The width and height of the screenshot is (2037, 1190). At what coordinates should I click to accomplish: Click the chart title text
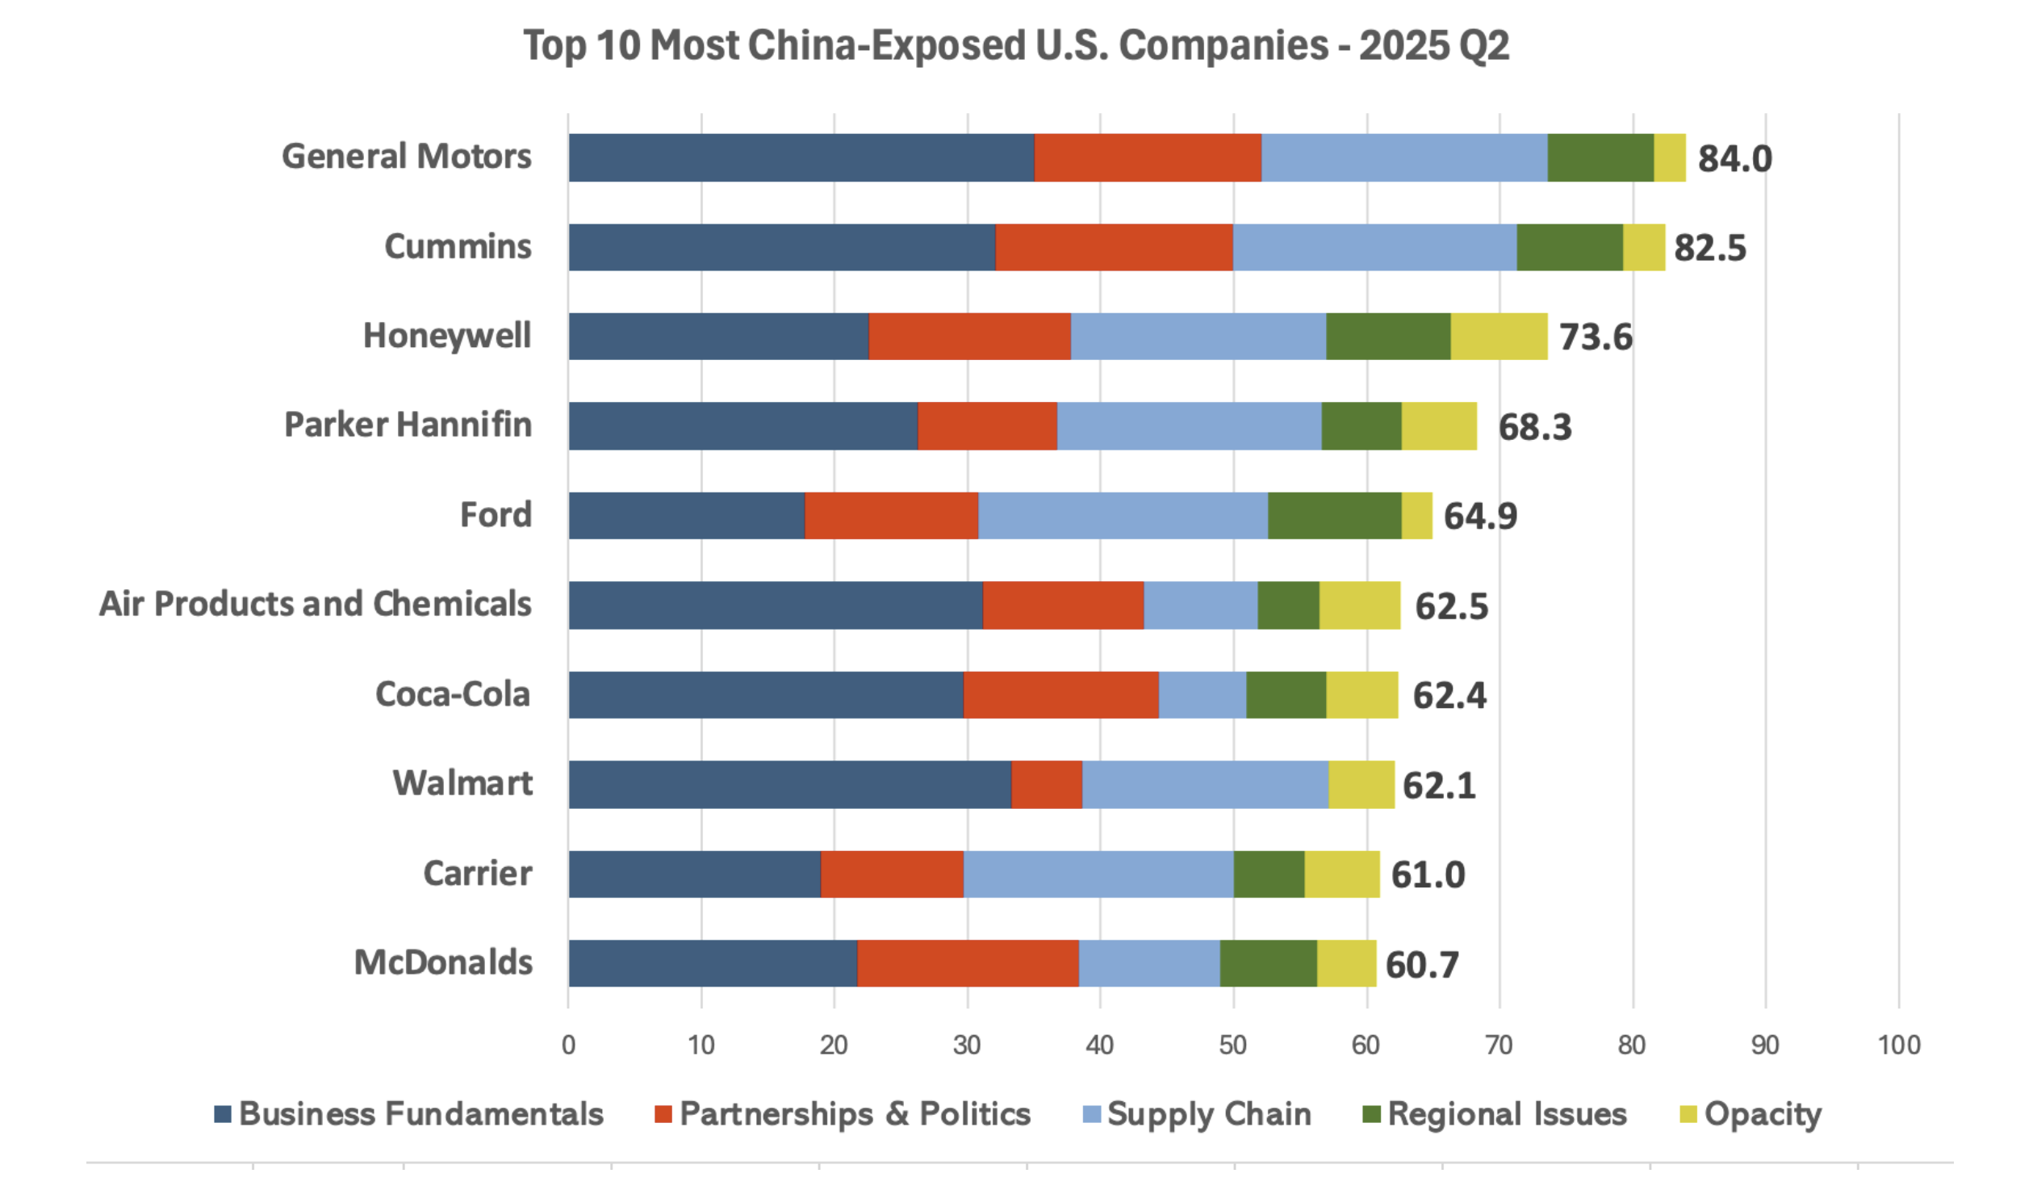1015,45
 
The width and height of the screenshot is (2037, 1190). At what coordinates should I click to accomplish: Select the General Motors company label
406,157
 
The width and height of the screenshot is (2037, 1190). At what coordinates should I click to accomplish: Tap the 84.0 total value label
1734,158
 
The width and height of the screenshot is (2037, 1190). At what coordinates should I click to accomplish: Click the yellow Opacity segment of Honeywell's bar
1498,337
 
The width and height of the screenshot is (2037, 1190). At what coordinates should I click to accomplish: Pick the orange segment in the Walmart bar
1046,784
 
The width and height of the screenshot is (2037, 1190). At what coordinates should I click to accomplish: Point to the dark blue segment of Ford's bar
686,516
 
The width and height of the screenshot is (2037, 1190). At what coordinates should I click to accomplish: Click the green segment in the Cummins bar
1569,247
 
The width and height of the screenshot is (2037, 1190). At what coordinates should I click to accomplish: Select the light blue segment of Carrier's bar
1098,874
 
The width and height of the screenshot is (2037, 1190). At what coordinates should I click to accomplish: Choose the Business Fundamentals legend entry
408,1114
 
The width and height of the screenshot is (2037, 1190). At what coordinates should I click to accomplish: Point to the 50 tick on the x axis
1232,1045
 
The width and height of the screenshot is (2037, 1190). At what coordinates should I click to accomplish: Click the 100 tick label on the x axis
1898,1045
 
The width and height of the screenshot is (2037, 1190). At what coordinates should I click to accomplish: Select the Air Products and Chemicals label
316,604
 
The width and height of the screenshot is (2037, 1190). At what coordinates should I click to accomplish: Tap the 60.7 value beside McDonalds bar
1421,965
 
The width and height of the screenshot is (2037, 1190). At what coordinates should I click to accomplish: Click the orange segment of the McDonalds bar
967,963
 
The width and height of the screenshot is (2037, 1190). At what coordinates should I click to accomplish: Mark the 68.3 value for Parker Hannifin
1534,427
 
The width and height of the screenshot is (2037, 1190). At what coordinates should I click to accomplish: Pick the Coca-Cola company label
453,694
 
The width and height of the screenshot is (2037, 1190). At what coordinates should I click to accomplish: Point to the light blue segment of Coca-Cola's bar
1201,694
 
